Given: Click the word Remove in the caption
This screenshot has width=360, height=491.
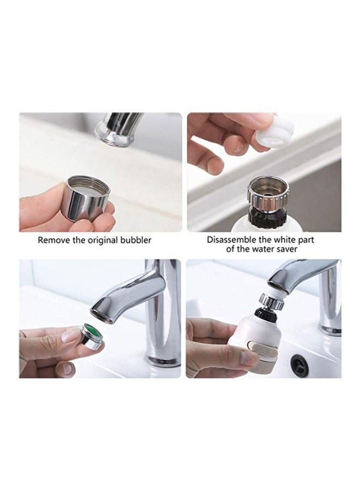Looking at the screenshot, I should (x=53, y=240).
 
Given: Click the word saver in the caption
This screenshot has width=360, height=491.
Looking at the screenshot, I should (x=286, y=249).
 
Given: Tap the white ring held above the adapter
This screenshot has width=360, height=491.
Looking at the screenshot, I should (x=274, y=133).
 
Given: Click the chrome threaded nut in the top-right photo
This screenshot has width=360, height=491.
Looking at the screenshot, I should (x=267, y=193).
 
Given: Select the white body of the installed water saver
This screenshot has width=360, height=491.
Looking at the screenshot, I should (x=262, y=333).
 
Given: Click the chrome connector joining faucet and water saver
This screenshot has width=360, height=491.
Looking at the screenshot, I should (x=271, y=301).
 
